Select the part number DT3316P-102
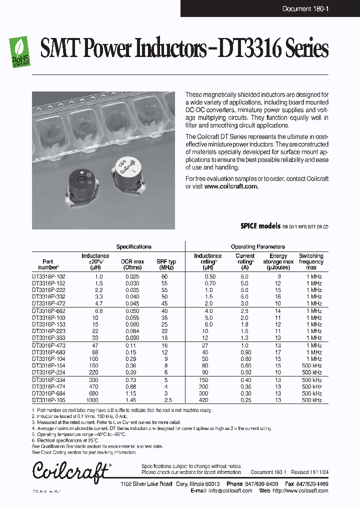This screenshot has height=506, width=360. (48, 276)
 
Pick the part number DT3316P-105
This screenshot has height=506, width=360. (48, 400)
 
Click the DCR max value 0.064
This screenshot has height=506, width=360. (132, 331)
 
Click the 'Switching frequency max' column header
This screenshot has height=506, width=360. (311, 261)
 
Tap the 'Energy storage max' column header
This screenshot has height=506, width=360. (278, 261)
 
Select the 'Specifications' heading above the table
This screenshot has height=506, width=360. (133, 246)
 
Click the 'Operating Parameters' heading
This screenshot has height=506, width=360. (257, 246)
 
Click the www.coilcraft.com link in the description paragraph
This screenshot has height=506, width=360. (231, 186)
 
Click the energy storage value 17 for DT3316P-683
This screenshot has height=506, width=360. (278, 352)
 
